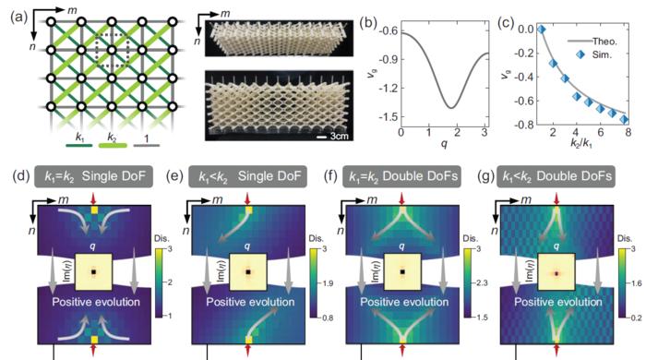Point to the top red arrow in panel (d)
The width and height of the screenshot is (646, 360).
93,199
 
